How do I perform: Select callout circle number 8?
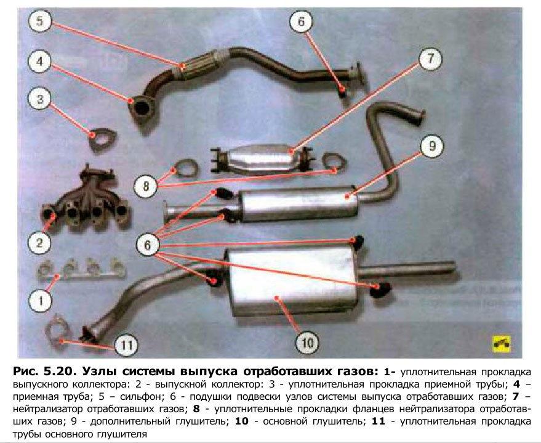coord(146,184)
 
